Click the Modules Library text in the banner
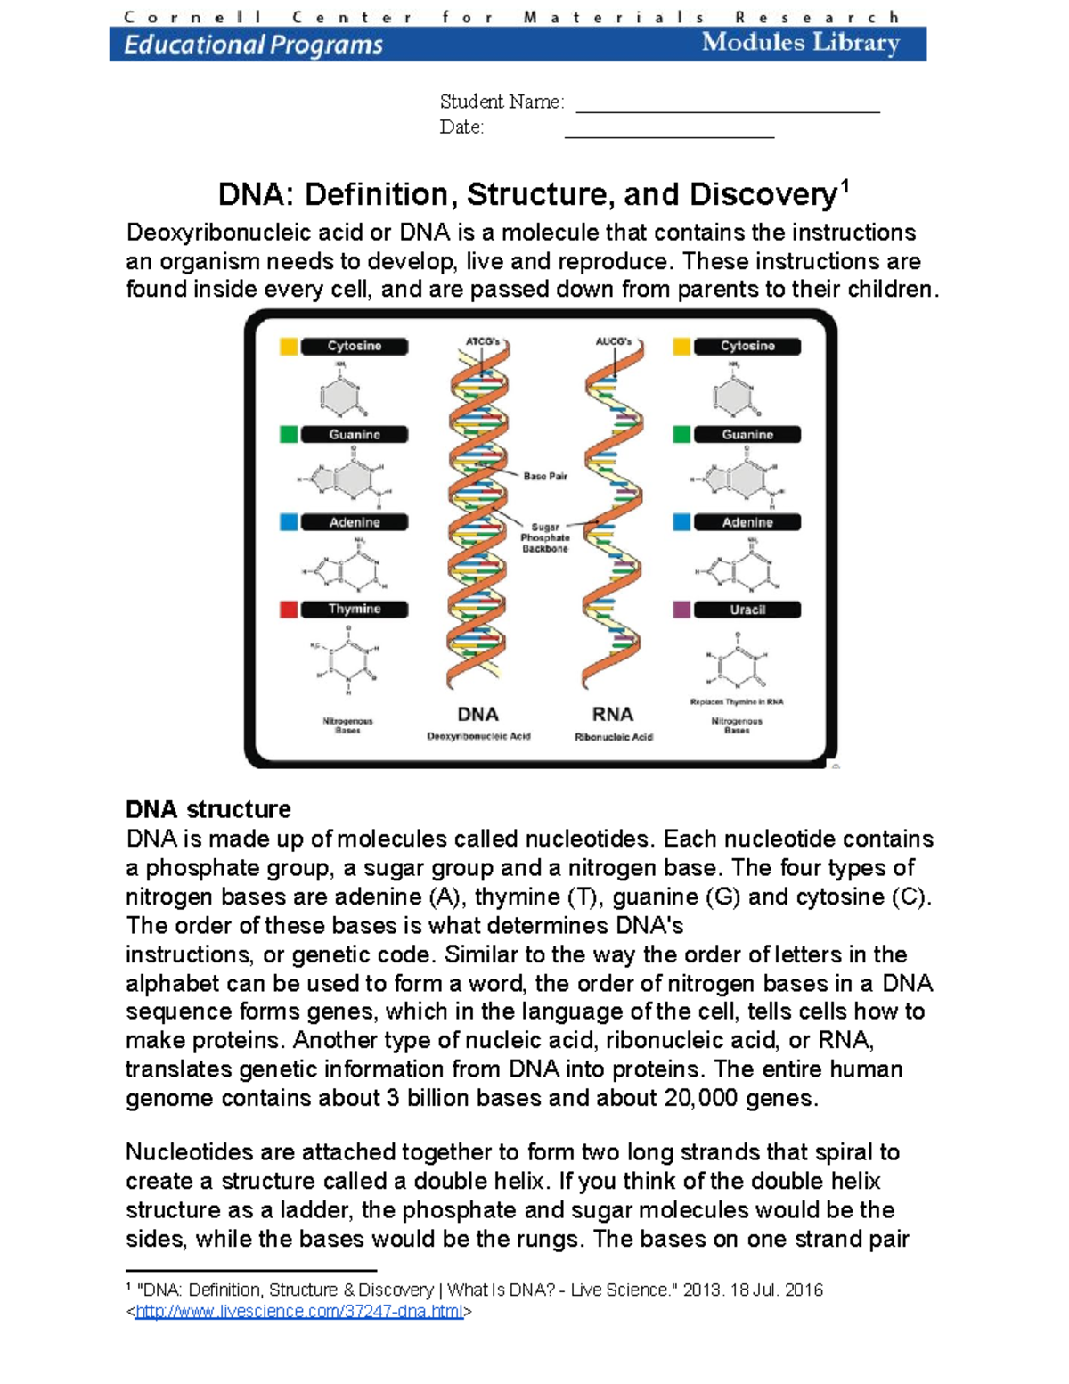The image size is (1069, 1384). (x=800, y=43)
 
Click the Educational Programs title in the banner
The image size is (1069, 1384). (x=254, y=45)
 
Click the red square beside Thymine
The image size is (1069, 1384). (x=289, y=610)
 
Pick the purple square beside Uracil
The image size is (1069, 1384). (x=681, y=610)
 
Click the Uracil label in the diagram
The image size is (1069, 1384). (x=747, y=610)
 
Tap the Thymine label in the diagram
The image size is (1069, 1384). (x=355, y=610)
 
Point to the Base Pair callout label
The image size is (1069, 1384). (x=545, y=477)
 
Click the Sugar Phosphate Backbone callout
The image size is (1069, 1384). (x=545, y=538)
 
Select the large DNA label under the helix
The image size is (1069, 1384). (x=477, y=715)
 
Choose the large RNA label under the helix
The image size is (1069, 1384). (x=613, y=715)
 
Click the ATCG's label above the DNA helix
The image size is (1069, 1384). (x=484, y=341)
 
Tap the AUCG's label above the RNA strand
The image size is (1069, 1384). (x=614, y=341)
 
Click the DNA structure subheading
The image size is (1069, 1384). (x=208, y=809)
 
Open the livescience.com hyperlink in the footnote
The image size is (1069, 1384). (x=298, y=1312)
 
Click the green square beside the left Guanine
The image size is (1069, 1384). (x=289, y=435)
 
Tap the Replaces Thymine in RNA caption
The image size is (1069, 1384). (x=737, y=702)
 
